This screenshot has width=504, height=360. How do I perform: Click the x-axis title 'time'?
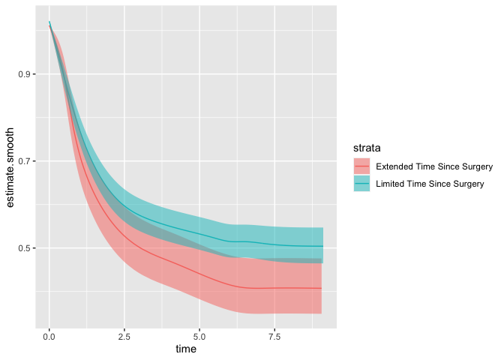click(x=186, y=349)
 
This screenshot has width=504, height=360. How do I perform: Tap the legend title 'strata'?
click(x=364, y=149)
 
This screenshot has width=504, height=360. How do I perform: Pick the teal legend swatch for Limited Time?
click(x=361, y=183)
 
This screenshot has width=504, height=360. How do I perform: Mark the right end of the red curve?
click(x=322, y=288)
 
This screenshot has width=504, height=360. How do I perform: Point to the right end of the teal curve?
click(x=322, y=246)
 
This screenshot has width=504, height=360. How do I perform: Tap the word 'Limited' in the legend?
click(x=390, y=183)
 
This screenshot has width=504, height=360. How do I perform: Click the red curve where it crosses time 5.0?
click(x=199, y=273)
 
